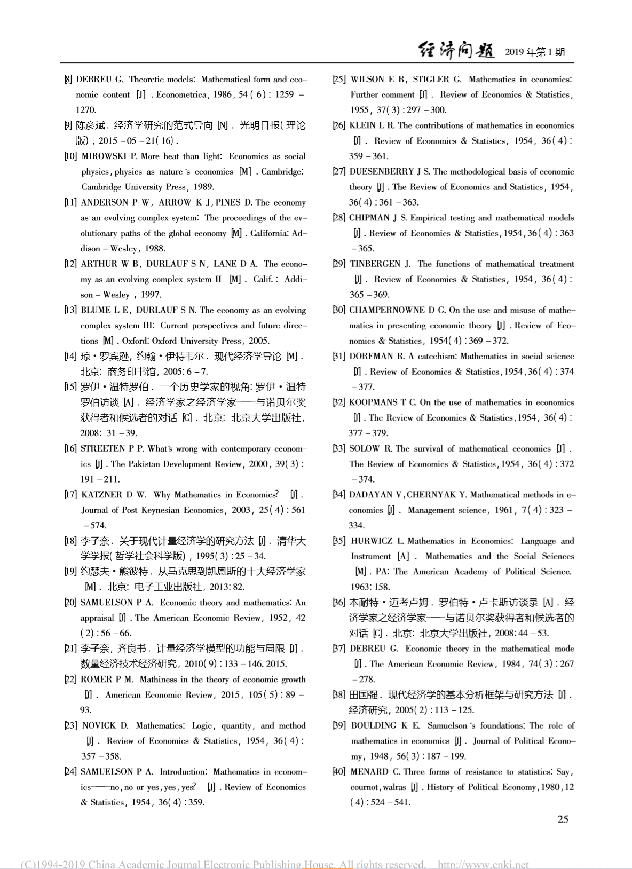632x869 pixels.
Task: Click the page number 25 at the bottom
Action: [563, 819]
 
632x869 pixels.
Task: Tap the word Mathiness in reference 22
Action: [159, 680]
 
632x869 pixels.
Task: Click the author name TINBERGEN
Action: [375, 264]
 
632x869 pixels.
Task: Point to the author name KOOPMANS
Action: [373, 402]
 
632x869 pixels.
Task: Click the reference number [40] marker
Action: [339, 772]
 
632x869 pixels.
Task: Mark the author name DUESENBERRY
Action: [381, 172]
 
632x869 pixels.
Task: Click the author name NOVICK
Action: [99, 726]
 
